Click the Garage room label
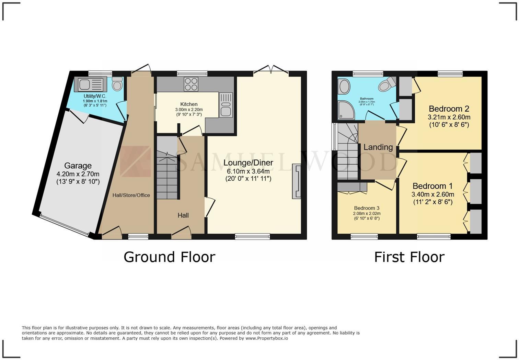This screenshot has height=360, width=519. coord(78,166)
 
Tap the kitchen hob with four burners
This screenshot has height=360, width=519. coord(191,84)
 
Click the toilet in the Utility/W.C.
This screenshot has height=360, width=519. coord(117,83)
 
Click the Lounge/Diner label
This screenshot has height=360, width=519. coord(248,162)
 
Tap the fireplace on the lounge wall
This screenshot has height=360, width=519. coord(297,181)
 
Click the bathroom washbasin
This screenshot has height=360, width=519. coord(344,87)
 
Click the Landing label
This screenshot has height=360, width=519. coord(378,147)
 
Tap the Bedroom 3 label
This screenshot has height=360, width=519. coord(367,208)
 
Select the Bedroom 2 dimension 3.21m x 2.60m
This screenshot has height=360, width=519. coord(449,117)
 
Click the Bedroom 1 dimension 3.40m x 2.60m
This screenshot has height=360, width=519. coord(433,194)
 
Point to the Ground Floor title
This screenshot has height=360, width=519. coord(169,257)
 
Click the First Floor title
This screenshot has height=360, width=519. coord(409,257)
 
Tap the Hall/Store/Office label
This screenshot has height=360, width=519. coord(131,195)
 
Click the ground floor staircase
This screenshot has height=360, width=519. coord(167,175)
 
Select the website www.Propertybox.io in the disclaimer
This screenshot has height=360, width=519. coord(266,338)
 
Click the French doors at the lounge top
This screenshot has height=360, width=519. coord(271,70)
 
